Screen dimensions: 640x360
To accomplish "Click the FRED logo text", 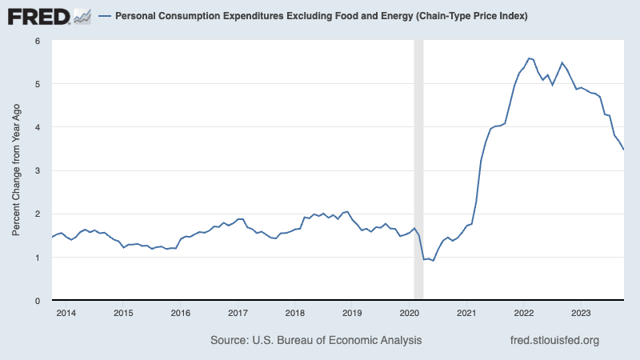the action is tap(38, 17).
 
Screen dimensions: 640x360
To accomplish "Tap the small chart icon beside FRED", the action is tap(82, 17).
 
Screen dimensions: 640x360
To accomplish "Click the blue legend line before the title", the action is tap(105, 16).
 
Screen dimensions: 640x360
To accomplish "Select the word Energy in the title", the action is tap(398, 16).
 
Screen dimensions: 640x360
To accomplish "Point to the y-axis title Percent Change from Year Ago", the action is tap(16, 170).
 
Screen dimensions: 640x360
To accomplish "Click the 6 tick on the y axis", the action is tap(38, 41).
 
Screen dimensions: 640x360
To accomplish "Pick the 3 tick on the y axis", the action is tap(38, 170).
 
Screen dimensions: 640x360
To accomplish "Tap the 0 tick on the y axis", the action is tap(38, 301).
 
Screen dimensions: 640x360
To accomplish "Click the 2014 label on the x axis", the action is tap(66, 313).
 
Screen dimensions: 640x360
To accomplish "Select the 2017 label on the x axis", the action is tap(238, 313).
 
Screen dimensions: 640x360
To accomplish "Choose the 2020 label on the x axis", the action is tap(410, 313).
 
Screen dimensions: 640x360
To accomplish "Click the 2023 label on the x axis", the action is tap(581, 313).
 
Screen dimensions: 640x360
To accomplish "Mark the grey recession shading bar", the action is tap(418, 170).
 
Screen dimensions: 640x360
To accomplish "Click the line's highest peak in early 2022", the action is tap(529, 58).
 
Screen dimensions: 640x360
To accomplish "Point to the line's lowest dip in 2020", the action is tap(433, 261).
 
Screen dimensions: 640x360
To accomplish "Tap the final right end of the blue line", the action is tap(623, 150).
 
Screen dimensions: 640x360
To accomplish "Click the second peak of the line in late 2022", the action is tap(562, 63).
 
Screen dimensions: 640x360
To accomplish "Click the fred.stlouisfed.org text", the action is tap(554, 341).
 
